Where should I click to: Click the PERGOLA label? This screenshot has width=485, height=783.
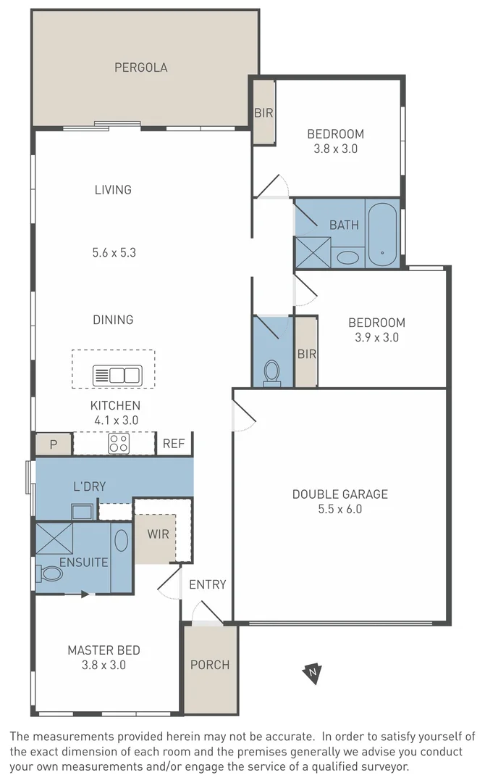click(140, 67)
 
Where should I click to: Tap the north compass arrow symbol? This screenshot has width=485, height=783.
click(312, 673)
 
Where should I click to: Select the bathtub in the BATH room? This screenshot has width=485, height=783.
click(381, 233)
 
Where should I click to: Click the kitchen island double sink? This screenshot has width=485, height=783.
click(117, 376)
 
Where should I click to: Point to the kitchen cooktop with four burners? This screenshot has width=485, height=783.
click(118, 443)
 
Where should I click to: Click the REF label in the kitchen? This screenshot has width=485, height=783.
click(174, 444)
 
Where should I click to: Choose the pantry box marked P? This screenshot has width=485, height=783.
click(53, 444)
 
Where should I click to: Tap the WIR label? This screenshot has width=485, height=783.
click(159, 534)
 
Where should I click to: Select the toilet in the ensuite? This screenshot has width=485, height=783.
click(51, 574)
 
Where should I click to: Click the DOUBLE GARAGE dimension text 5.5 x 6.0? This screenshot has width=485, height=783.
click(339, 509)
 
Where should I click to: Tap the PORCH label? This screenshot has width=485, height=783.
click(210, 664)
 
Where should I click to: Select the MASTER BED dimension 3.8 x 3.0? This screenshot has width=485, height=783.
click(104, 664)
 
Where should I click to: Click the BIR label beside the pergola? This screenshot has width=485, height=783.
click(263, 112)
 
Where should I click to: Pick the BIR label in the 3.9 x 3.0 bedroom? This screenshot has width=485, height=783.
click(306, 355)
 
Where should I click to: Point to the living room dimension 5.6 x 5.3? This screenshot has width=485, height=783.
click(114, 253)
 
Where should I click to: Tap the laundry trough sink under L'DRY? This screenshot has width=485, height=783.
click(82, 512)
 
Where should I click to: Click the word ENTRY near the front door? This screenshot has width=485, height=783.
click(207, 584)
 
